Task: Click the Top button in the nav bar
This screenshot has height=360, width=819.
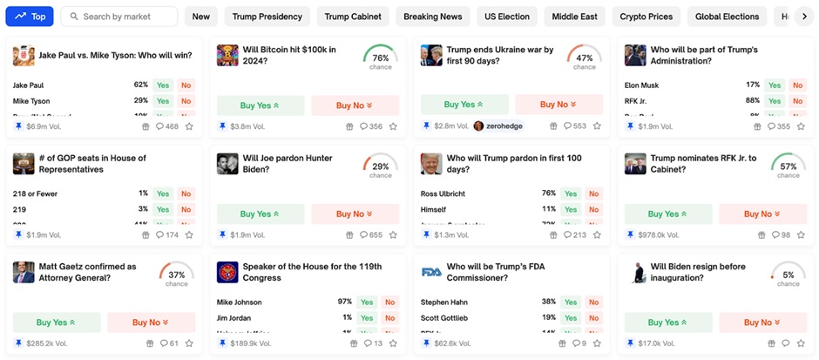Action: pyautogui.click(x=30, y=17)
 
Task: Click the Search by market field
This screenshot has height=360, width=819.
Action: pyautogui.click(x=119, y=17)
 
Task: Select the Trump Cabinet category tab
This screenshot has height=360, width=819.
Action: pyautogui.click(x=353, y=17)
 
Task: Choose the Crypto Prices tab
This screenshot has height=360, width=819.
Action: pyautogui.click(x=646, y=17)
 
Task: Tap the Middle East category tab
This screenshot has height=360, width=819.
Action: pyautogui.click(x=575, y=17)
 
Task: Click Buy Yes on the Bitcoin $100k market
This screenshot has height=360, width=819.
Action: pyautogui.click(x=260, y=105)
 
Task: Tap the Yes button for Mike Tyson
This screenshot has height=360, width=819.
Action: pyautogui.click(x=163, y=101)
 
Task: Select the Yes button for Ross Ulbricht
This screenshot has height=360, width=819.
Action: pyautogui.click(x=571, y=194)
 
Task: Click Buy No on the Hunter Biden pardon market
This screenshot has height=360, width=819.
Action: pyautogui.click(x=355, y=214)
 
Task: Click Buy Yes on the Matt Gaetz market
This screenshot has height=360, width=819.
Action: pyautogui.click(x=57, y=323)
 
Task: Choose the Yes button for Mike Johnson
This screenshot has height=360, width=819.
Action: pyautogui.click(x=367, y=302)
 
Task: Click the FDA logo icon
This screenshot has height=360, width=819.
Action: pyautogui.click(x=431, y=272)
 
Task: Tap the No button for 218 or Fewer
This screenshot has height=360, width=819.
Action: pyautogui.click(x=186, y=194)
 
